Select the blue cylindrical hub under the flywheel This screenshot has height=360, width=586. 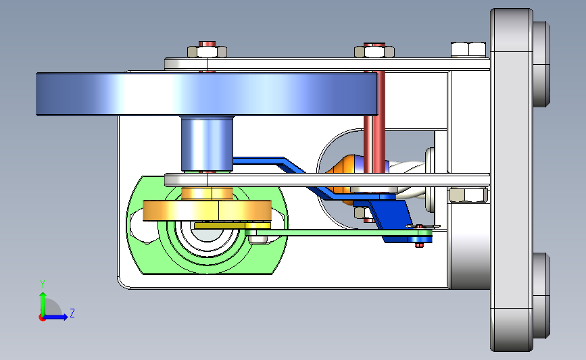tap(206, 144)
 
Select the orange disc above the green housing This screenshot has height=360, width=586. tap(206, 211)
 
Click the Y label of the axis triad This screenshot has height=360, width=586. tap(43, 284)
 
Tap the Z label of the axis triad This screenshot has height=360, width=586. tap(72, 313)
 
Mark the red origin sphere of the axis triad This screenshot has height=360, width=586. tap(43, 317)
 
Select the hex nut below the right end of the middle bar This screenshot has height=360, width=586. tap(467, 196)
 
